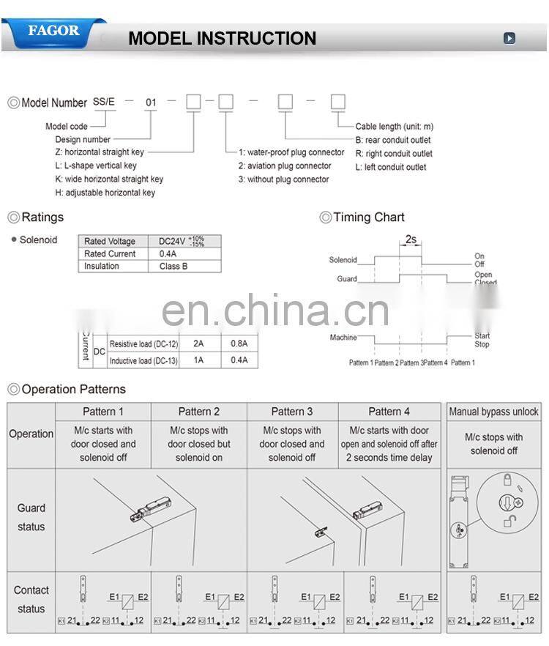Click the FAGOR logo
tap(53, 31)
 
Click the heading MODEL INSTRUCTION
tap(222, 38)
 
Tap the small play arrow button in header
tap(509, 38)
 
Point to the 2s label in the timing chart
tap(410, 239)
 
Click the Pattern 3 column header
tap(292, 412)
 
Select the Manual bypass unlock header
tap(493, 412)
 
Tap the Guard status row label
tap(31, 517)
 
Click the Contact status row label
tap(31, 599)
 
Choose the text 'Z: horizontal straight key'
tap(100, 152)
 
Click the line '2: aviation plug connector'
tap(284, 166)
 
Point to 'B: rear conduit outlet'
tap(393, 140)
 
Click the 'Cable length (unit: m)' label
tap(394, 127)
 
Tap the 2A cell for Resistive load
tap(198, 343)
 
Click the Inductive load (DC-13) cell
tap(143, 360)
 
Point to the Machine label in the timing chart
tap(343, 338)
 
